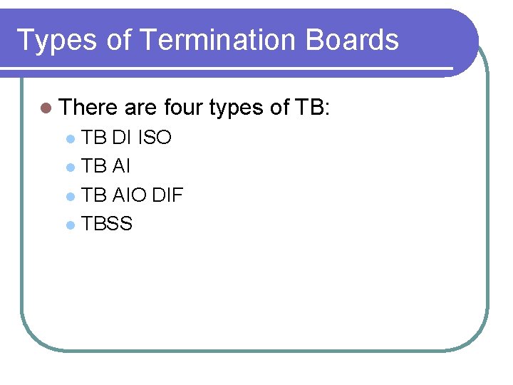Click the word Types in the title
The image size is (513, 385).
pos(56,41)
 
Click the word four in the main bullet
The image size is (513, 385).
pos(183,108)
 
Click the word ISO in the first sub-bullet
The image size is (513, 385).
pos(154,137)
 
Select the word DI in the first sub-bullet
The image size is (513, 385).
pos(120,137)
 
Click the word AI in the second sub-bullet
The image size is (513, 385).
pos(121,166)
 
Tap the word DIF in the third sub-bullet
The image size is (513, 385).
pos(167,195)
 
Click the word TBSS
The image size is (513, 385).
pos(107,224)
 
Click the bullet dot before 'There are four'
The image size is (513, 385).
pos(46,108)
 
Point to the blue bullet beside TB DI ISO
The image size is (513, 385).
pos(69,138)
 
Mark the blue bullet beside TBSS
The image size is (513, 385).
pos(69,225)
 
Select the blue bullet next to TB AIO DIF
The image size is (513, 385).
pos(69,196)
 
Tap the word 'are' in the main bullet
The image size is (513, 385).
pos(140,108)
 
